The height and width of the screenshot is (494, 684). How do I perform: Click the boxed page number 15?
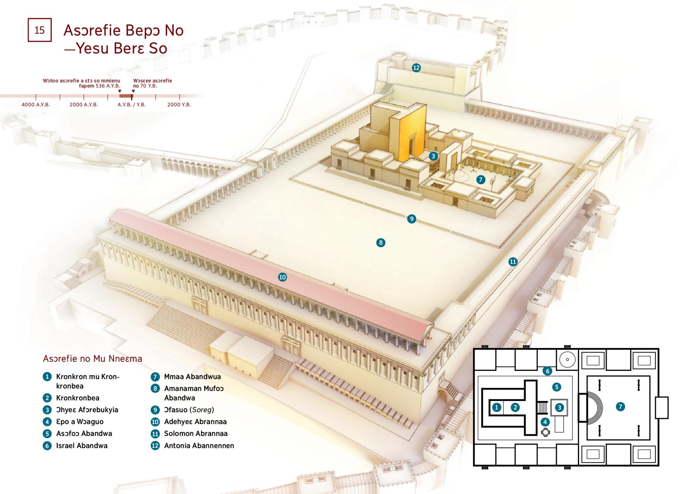point(40,30)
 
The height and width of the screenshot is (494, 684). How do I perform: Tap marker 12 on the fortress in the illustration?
point(416,68)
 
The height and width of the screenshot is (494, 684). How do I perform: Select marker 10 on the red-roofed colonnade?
point(282,277)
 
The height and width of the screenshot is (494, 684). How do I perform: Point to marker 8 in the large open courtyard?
point(381,242)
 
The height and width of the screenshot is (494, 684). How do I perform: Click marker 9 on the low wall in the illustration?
point(412,218)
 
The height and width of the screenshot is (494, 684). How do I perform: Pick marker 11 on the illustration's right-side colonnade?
point(513,261)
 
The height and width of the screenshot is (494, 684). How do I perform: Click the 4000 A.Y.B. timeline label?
point(36,104)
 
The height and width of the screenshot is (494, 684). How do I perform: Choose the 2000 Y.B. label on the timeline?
point(179,104)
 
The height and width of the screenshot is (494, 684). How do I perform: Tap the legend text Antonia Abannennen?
point(199,445)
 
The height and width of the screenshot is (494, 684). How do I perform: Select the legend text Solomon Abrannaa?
point(196,433)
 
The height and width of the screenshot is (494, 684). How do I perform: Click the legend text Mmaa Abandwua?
point(192,377)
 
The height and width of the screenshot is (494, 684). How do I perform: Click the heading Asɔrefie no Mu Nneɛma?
point(92,358)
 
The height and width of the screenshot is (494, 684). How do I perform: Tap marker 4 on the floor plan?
point(545,421)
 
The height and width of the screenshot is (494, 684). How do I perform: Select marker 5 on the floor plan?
point(557,387)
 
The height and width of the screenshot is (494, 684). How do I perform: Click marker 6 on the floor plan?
point(547,371)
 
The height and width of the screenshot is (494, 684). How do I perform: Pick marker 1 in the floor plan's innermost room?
point(497,407)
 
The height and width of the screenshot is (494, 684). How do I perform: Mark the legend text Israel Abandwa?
point(82,445)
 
